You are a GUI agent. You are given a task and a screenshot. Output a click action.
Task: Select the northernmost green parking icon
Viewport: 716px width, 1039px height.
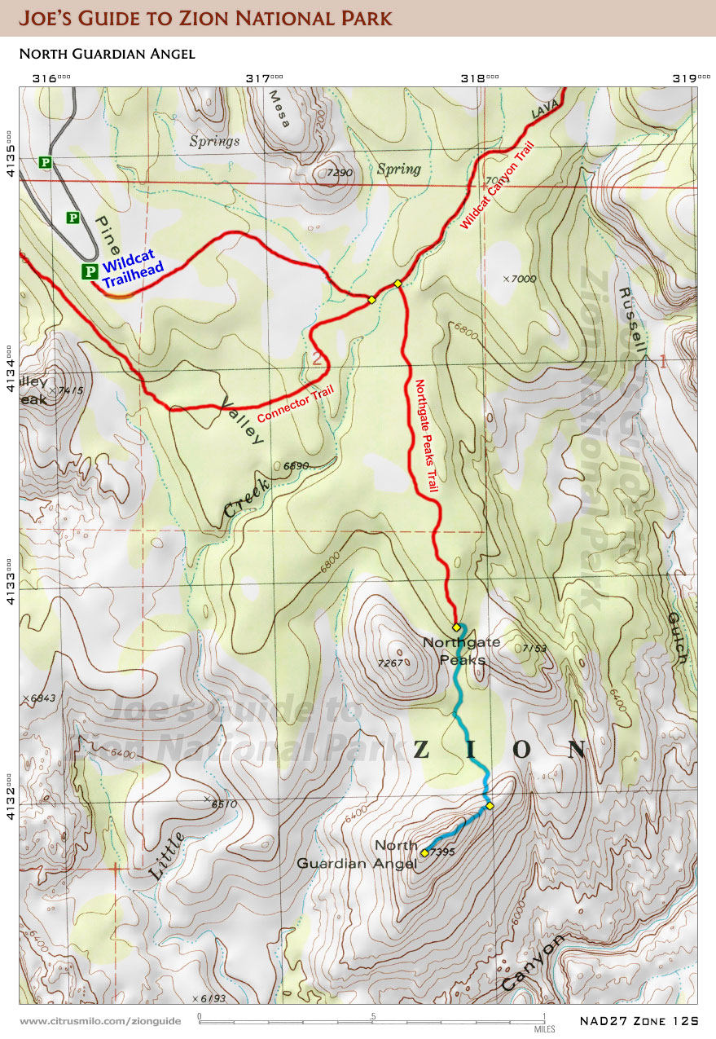[x=46, y=163]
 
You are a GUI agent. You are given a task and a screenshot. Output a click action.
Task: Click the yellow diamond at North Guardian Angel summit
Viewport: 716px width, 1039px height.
[x=424, y=852]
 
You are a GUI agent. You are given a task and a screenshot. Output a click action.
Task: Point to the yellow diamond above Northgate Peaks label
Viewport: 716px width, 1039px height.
[x=457, y=627]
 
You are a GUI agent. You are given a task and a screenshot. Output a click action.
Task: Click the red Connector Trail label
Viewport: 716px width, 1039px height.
[x=296, y=403]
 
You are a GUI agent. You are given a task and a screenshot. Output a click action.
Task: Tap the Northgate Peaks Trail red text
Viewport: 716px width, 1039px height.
[x=428, y=436]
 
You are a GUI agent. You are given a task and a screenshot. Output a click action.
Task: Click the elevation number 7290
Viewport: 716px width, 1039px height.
[x=339, y=173]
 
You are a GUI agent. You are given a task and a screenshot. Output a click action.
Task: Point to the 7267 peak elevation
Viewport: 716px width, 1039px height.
[x=392, y=663]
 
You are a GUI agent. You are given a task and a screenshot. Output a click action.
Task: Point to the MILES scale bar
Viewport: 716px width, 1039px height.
[x=371, y=1019]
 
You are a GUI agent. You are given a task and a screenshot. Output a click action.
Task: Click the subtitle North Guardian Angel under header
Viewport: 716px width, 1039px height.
[x=106, y=54]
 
